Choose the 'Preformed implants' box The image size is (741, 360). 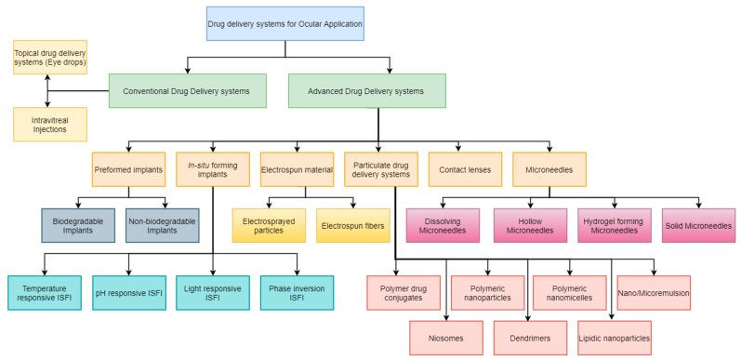tap(128, 169)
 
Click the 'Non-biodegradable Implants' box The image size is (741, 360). tap(165, 224)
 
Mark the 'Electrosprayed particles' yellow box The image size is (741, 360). tap(270, 224)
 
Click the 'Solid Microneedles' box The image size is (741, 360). tap(696, 224)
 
